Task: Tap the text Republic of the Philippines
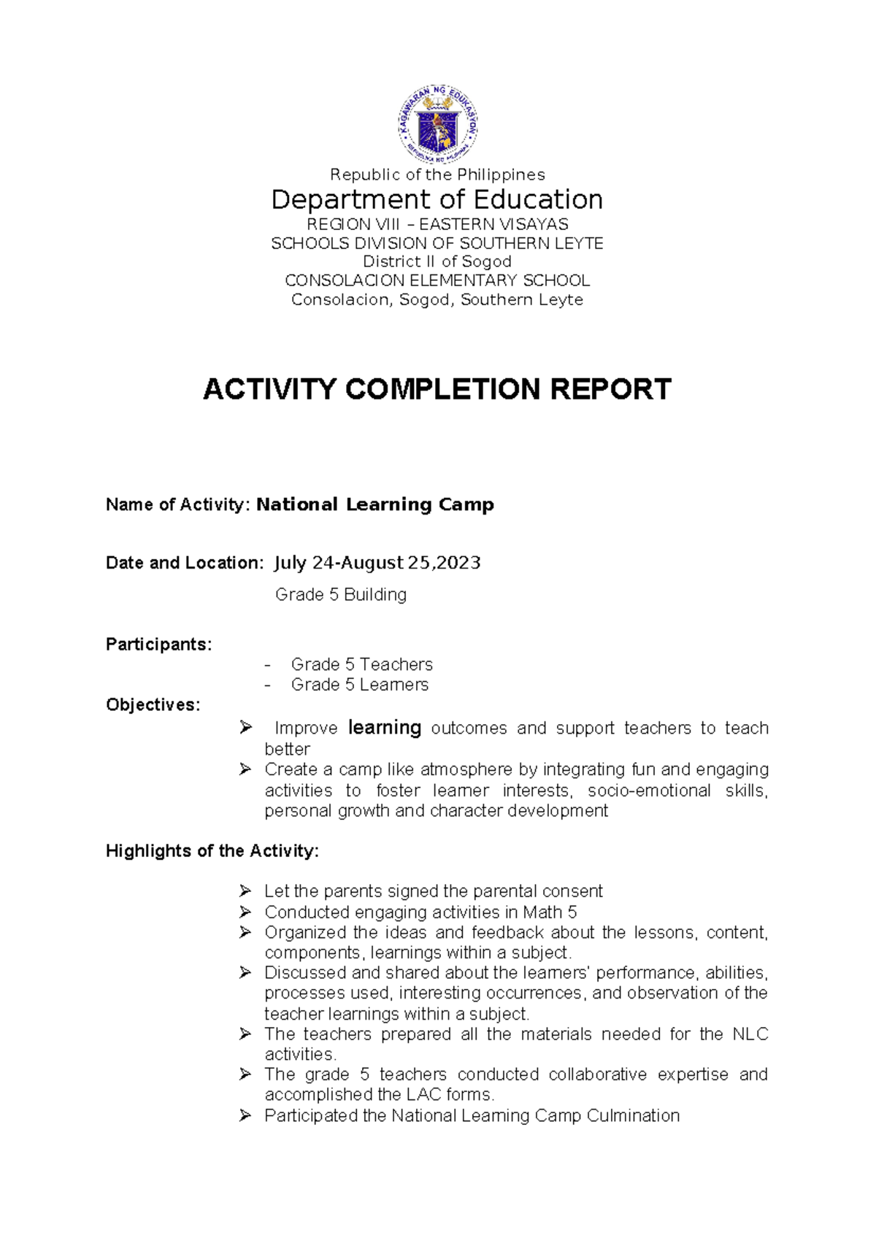tap(437, 174)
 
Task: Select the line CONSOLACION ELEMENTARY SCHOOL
tap(437, 280)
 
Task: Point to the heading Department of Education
tap(437, 199)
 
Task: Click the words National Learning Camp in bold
tap(375, 504)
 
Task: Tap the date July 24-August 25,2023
tap(377, 563)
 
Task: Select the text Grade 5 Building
tap(341, 595)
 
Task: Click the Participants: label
tap(158, 645)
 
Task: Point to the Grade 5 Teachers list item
tap(361, 664)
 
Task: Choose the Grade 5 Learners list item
tap(359, 685)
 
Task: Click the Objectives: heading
tap(153, 705)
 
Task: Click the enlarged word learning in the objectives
tap(385, 728)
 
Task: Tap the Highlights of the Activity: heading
tap(212, 851)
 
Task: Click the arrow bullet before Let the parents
tap(245, 891)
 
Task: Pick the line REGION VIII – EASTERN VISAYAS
tap(437, 224)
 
